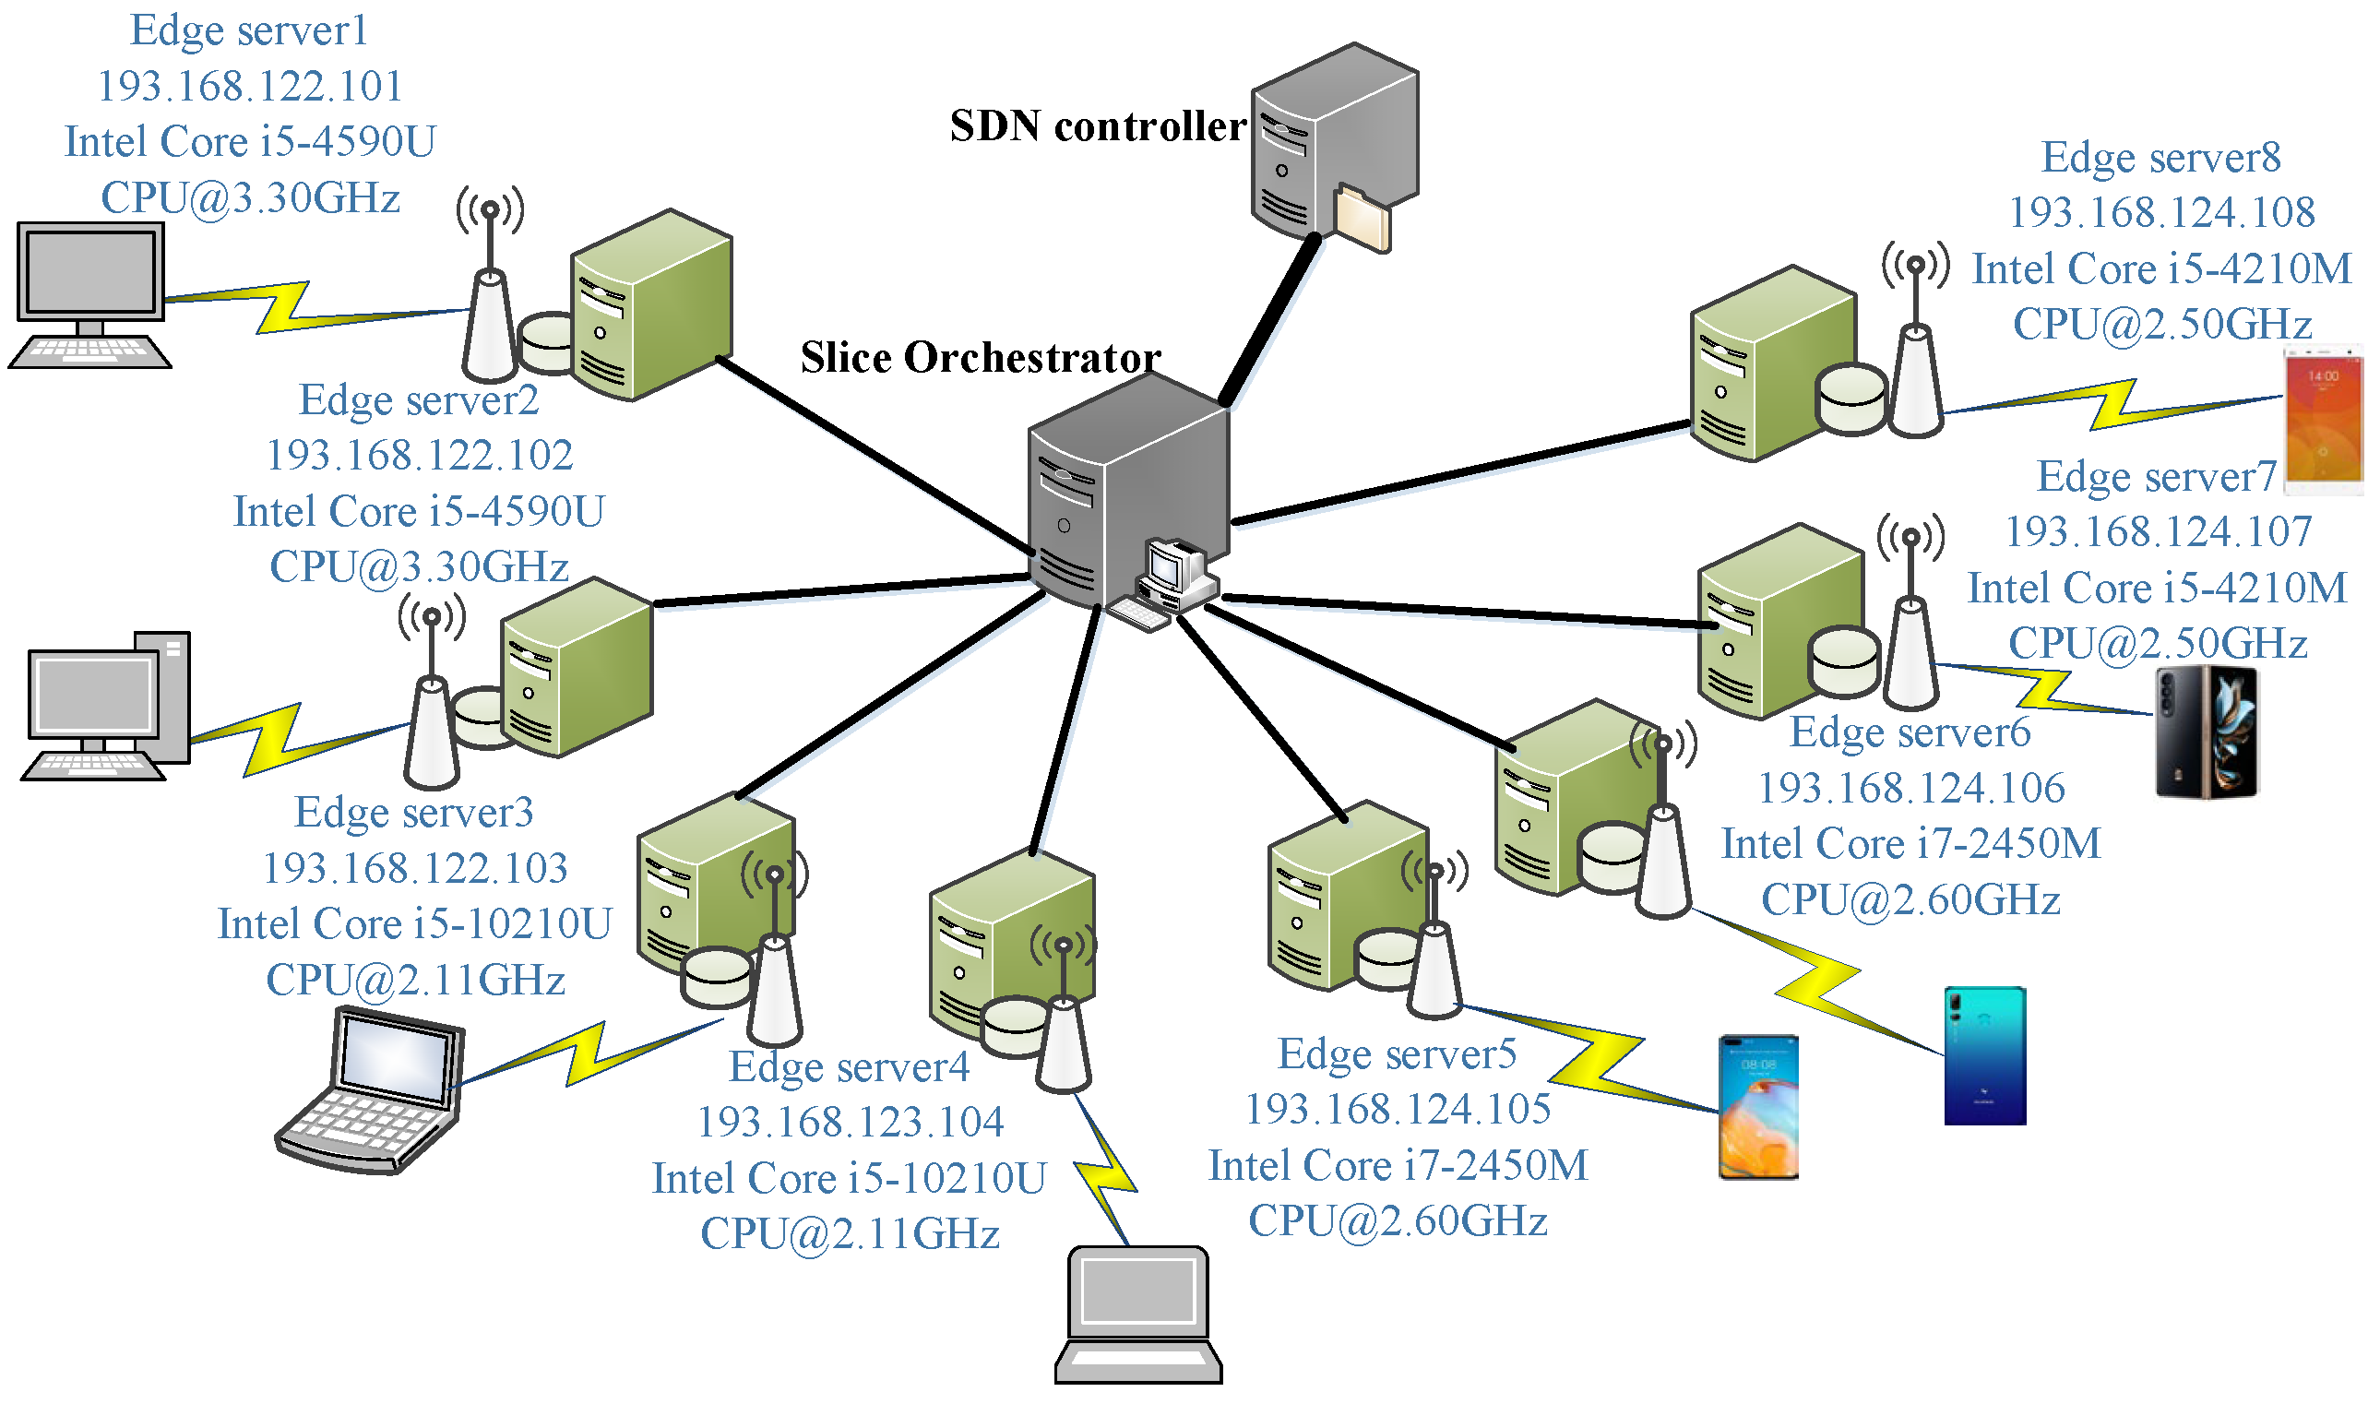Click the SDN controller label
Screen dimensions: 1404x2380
[1099, 126]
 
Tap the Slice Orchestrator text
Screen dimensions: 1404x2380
[981, 359]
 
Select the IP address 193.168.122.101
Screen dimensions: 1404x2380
[251, 87]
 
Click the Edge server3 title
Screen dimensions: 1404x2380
[414, 814]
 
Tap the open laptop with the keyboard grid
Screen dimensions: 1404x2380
[374, 1093]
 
